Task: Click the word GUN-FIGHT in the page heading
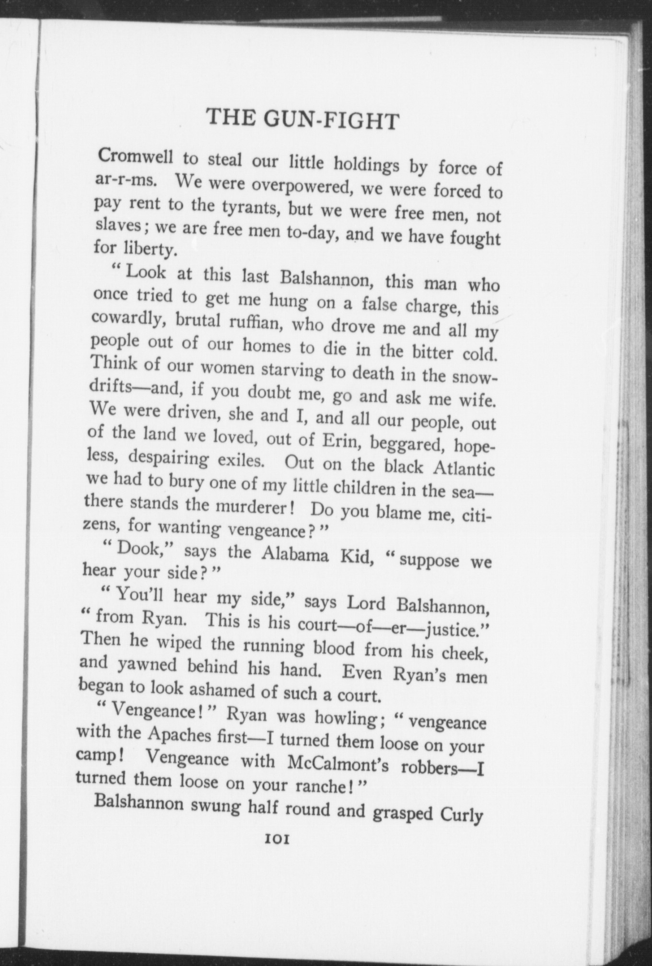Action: click(x=331, y=119)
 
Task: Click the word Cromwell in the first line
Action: click(x=135, y=157)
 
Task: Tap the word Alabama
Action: click(x=295, y=554)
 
